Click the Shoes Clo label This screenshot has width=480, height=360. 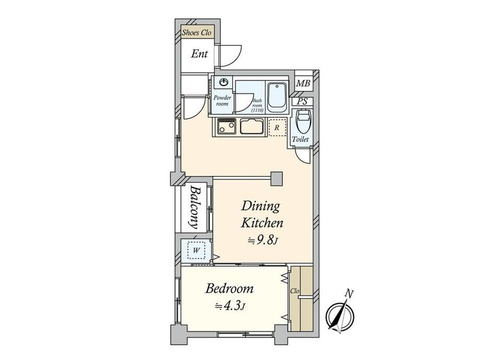[197, 32]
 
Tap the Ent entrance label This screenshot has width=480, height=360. [199, 54]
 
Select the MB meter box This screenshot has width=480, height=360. [303, 83]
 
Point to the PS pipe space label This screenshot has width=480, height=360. [302, 101]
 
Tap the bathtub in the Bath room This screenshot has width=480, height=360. [277, 98]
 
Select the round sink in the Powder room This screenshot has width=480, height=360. [224, 82]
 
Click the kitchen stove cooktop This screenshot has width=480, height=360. [226, 126]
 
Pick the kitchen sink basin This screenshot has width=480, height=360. [252, 126]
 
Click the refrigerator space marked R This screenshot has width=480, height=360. [277, 128]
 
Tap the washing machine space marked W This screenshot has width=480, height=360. [197, 250]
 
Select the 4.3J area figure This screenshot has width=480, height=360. [230, 306]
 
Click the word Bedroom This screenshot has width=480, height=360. [229, 289]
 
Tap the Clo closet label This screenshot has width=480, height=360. [294, 291]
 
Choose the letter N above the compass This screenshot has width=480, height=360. [349, 294]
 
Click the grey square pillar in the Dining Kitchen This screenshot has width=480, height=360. [277, 178]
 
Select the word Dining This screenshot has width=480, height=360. [260, 206]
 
